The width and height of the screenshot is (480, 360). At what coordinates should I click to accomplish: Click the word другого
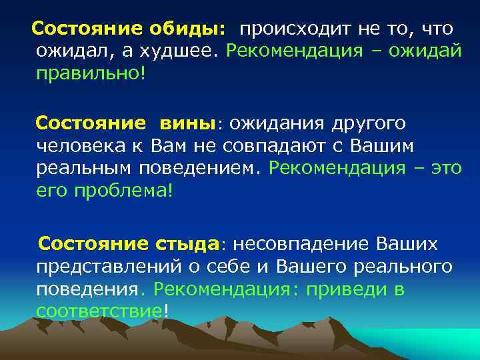click(x=374, y=123)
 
